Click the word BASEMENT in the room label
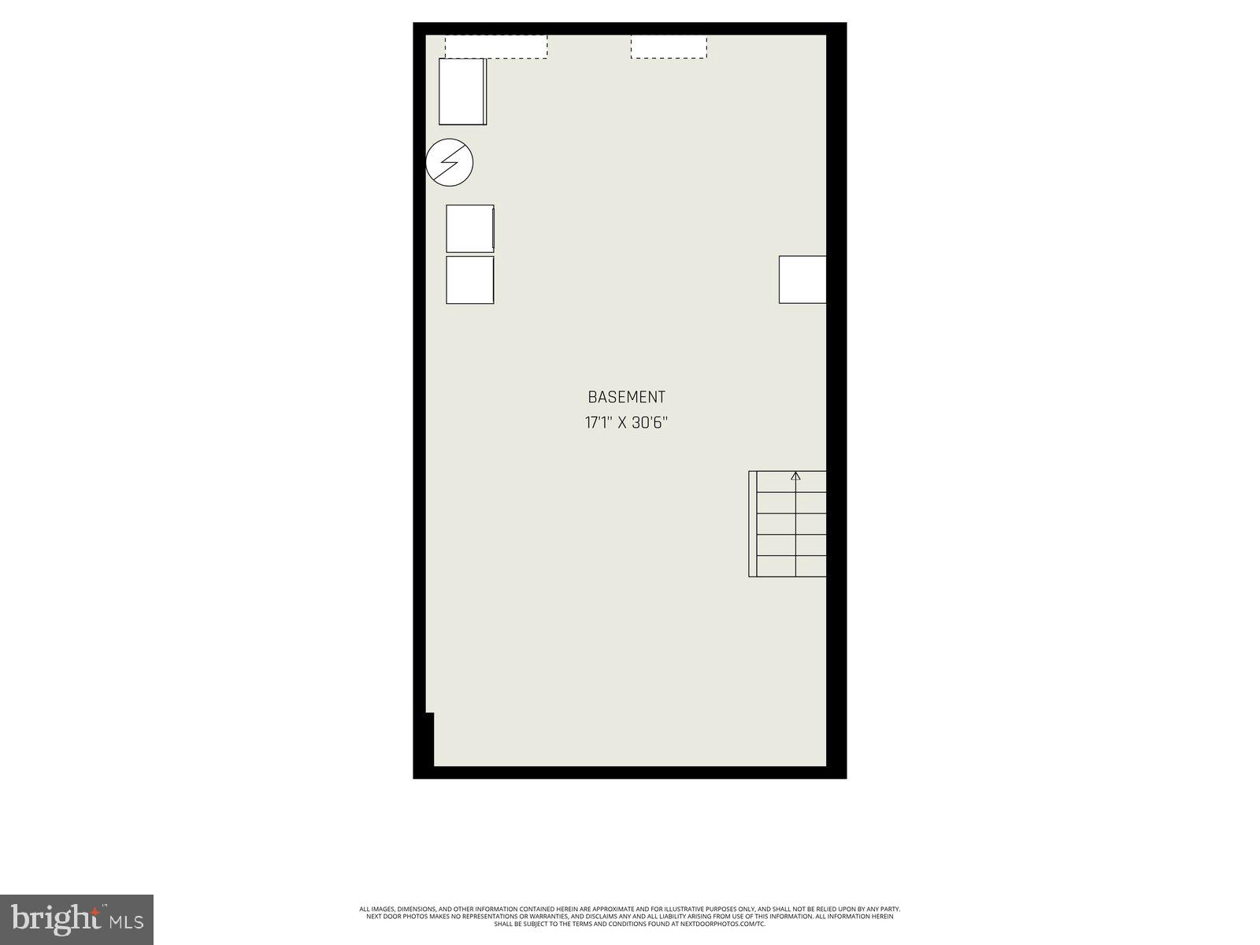pos(626,398)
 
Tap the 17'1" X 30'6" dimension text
pos(626,423)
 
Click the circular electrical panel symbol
pos(450,163)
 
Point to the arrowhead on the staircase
pos(795,476)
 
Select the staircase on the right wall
pos(787,524)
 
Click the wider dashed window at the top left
pos(496,46)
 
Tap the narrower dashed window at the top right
pos(669,46)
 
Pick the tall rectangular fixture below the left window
pos(462,91)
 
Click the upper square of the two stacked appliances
pos(470,228)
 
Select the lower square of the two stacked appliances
pos(470,280)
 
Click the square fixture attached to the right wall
pos(802,280)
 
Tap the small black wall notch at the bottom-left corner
pos(429,739)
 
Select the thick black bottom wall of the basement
pos(630,773)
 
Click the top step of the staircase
pos(787,482)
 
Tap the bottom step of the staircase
pos(787,566)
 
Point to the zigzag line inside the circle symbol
pos(450,163)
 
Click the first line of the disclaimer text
pos(630,909)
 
